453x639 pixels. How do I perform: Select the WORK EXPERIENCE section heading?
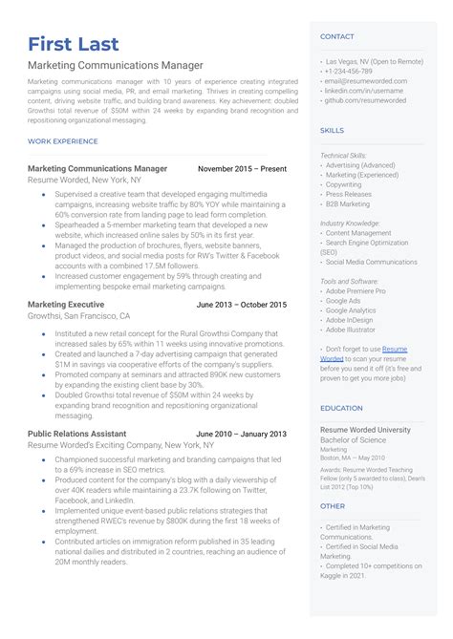click(63, 141)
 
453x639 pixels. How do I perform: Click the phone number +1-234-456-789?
click(350, 71)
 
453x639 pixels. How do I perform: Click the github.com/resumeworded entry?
click(365, 99)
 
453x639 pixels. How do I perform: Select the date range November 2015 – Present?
click(242, 169)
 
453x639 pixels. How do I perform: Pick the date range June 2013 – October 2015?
click(241, 305)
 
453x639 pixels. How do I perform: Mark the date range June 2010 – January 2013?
click(241, 434)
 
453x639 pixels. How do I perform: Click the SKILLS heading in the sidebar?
click(333, 129)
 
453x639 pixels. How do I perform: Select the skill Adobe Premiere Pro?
click(356, 290)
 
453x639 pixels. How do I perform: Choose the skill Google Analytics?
click(351, 310)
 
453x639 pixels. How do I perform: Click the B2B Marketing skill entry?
click(348, 203)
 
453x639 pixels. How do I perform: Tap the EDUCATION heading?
click(341, 408)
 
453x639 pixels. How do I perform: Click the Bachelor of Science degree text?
click(355, 440)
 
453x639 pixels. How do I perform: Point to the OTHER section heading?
click(333, 506)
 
